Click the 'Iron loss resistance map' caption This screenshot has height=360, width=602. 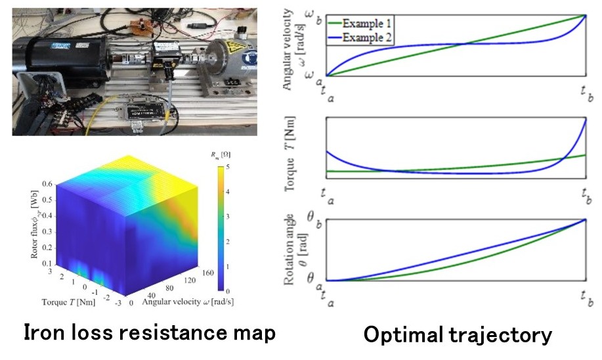(149, 334)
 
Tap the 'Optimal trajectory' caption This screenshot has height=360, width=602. (458, 336)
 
